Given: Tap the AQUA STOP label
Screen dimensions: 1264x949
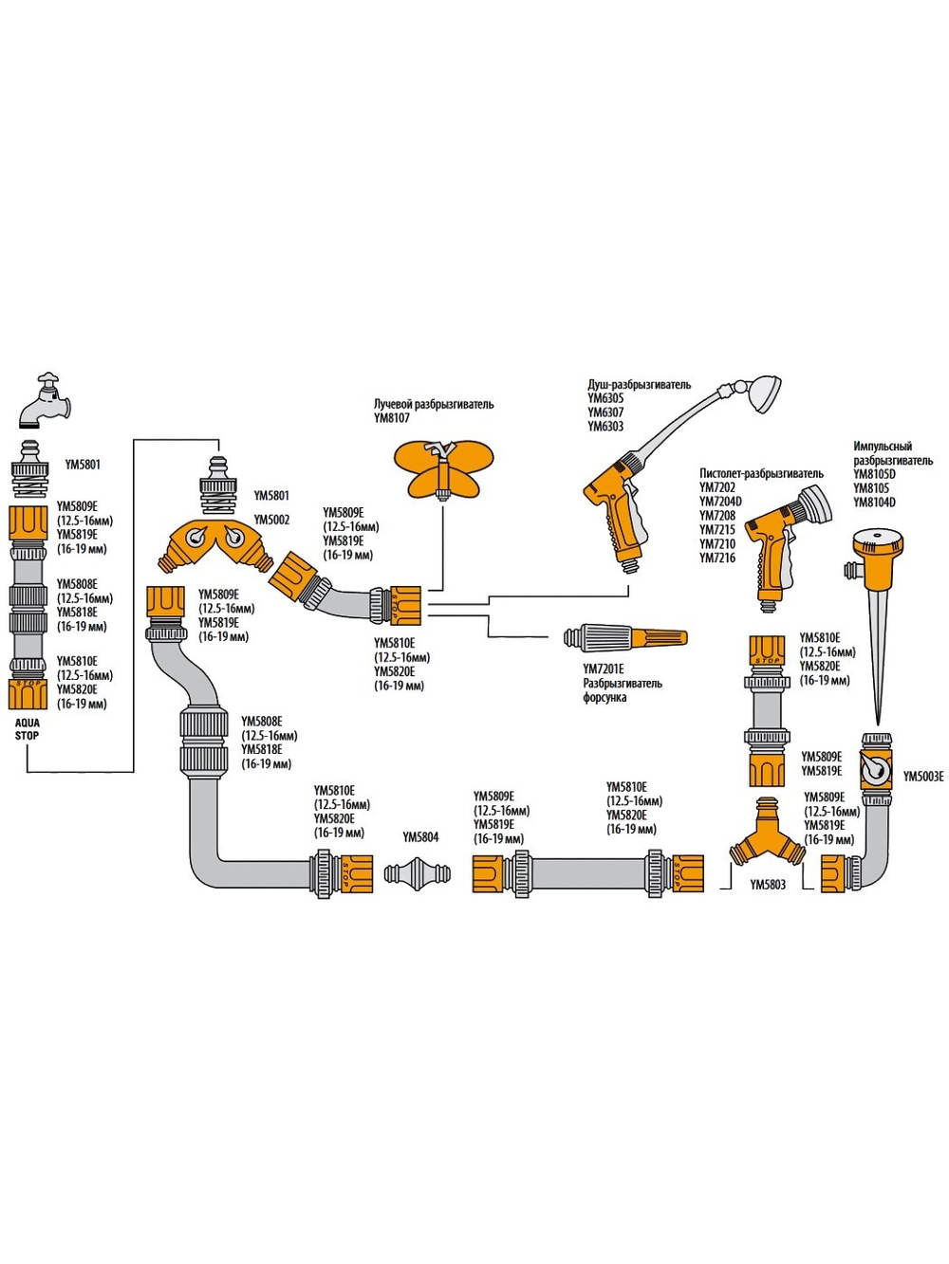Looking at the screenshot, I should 27,729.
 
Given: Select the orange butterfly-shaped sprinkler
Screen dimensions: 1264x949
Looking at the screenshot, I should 443,468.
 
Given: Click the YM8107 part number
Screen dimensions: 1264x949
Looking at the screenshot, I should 392,418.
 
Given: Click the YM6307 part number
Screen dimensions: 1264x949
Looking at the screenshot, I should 605,412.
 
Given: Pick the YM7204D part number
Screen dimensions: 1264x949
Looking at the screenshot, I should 720,502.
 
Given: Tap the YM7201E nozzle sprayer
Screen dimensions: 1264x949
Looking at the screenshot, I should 624,637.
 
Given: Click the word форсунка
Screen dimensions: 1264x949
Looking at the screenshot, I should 605,698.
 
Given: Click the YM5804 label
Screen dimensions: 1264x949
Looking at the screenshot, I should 420,837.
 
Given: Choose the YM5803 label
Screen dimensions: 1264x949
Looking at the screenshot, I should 768,885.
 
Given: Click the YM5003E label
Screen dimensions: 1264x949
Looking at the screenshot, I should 923,777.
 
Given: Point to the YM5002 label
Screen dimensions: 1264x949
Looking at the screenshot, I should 271,520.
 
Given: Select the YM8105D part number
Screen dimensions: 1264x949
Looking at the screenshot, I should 874,474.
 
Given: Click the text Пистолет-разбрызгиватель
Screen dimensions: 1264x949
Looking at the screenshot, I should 761,473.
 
